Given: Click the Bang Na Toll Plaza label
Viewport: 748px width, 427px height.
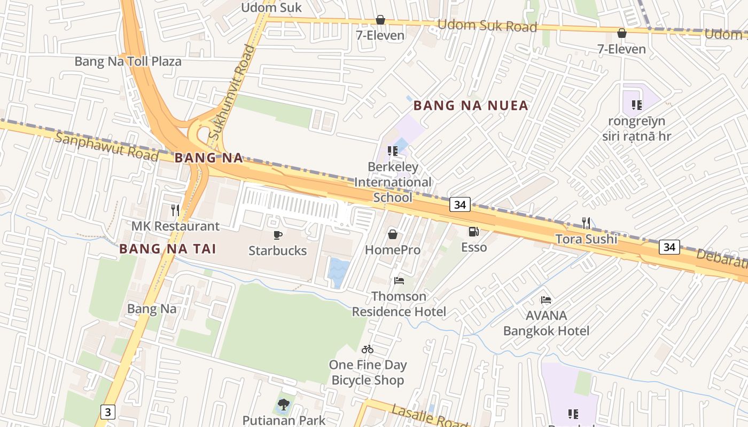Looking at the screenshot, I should [x=128, y=61].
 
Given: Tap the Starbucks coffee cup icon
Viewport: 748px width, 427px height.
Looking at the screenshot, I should [x=278, y=235].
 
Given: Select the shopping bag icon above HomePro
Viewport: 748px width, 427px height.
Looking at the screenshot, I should [x=393, y=234].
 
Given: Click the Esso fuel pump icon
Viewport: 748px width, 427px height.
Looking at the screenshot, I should [x=473, y=232].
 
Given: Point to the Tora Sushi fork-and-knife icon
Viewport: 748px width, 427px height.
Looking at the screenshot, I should [x=586, y=223].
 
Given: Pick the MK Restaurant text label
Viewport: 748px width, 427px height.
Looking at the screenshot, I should [x=175, y=226].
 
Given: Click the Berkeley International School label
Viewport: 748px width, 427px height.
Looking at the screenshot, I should [x=393, y=182].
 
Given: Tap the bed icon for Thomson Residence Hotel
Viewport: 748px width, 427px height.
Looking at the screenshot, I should [x=399, y=280].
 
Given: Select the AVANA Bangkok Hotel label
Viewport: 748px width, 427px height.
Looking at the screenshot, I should [x=546, y=323].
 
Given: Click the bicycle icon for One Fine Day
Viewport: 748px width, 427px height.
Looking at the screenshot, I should [x=368, y=349].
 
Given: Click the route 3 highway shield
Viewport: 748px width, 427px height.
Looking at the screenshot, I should [x=108, y=412].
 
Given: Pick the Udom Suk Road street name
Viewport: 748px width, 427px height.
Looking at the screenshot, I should [x=487, y=26].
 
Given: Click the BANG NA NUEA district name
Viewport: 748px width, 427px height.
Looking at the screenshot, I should [x=471, y=105].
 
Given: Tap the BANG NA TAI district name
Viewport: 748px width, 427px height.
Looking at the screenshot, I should [x=167, y=249].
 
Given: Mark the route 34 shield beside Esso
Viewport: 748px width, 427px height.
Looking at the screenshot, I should [x=459, y=204].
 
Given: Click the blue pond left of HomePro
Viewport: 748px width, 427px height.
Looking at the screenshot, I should [x=338, y=272].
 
